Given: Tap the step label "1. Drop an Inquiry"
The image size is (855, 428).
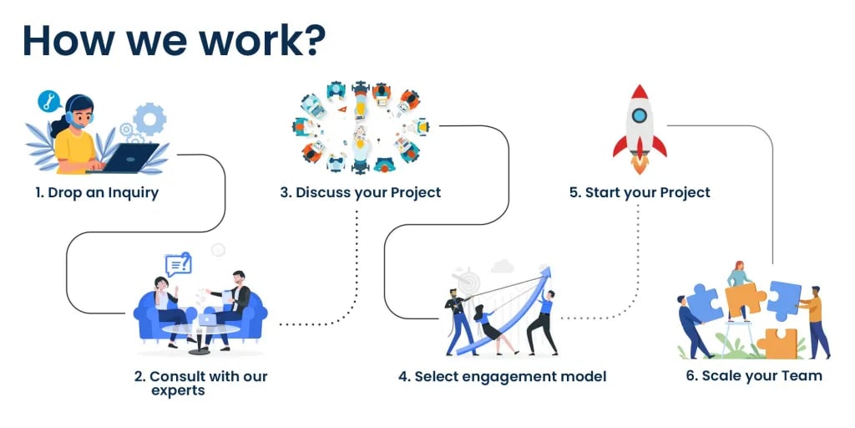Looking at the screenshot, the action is coord(97,193).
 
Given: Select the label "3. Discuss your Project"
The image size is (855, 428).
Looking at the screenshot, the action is coord(361,193).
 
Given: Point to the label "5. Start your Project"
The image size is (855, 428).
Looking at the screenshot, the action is coord(640,193).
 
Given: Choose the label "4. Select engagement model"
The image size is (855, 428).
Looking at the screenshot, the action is coord(502,377).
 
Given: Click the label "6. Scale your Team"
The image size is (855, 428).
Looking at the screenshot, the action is coord(754,376).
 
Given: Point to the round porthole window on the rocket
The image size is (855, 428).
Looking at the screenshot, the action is coord(640,115).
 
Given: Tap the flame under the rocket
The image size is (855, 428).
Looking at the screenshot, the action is coord(640,164).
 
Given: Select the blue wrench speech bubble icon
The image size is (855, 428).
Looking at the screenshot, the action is coord(48,101).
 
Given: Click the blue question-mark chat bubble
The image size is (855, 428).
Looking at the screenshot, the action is coord(179,264).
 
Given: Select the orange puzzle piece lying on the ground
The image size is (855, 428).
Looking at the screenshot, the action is coord(777,344).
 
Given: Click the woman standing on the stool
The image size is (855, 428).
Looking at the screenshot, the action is coord(739,289).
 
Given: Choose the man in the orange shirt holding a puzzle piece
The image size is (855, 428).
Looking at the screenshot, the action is coord(814,322).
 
